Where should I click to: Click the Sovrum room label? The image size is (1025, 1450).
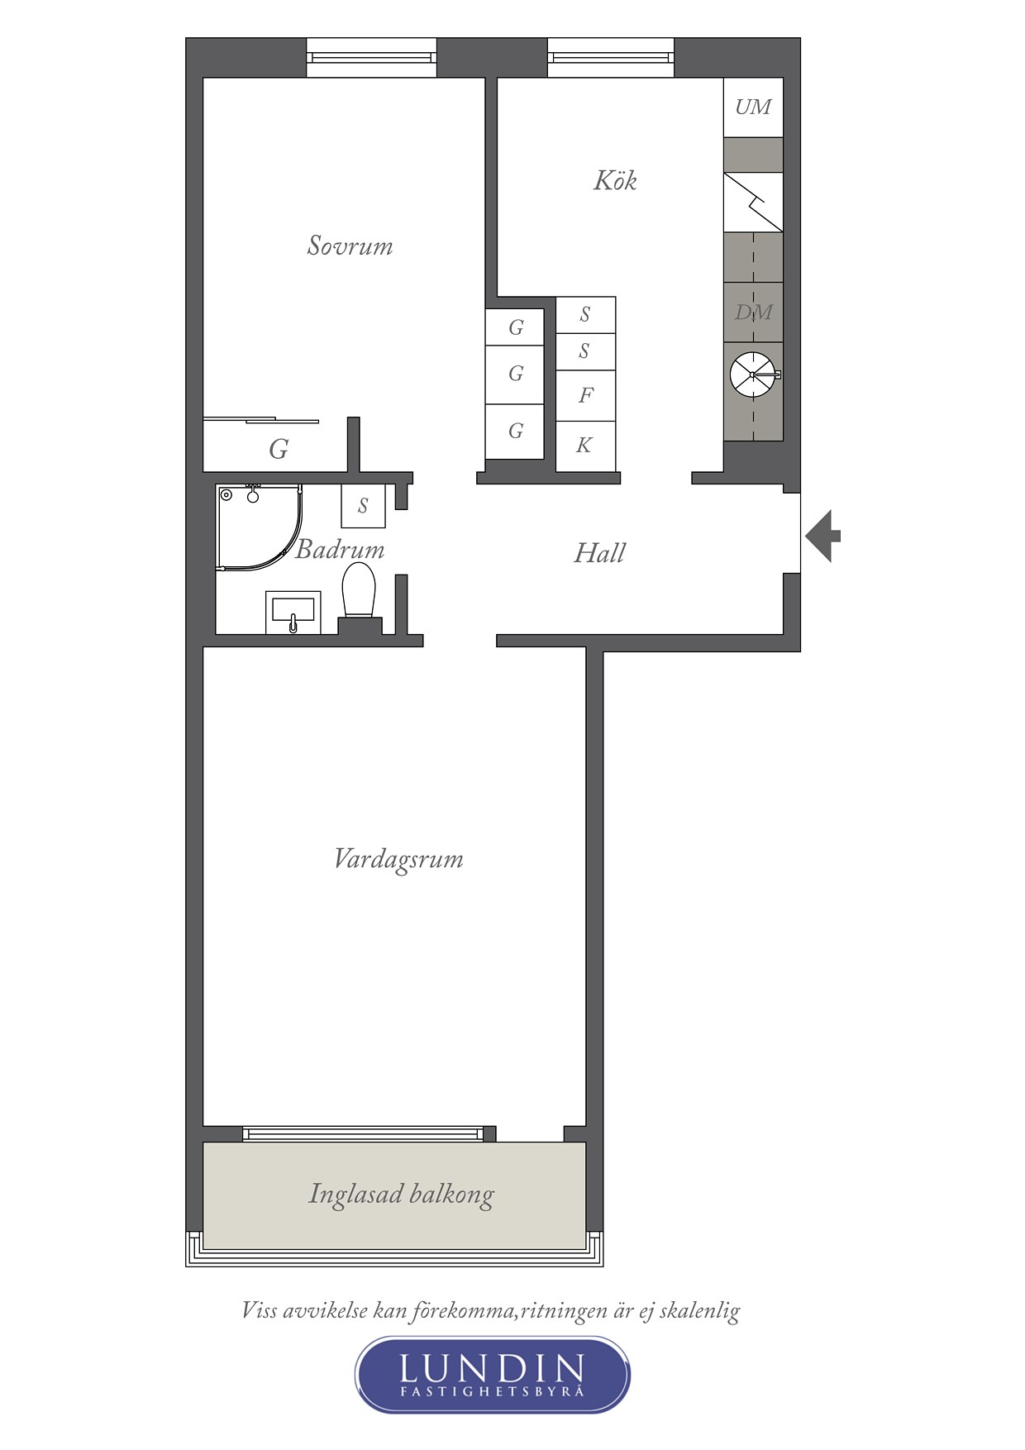point(350,246)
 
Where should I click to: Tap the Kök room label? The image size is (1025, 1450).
point(615,180)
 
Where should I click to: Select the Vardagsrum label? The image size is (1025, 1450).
point(398,860)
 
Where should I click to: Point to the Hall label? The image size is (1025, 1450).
point(599,552)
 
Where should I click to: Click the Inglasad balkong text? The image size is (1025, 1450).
point(401,1195)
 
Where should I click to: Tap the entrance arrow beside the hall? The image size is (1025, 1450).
point(822,536)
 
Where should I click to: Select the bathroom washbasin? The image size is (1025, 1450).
point(293,613)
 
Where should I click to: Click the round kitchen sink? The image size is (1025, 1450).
point(753,374)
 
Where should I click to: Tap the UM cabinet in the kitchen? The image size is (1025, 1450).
point(753,107)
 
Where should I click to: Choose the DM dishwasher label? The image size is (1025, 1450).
point(753,312)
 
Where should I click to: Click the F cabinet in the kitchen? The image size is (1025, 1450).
point(585,395)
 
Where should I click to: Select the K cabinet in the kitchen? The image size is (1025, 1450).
point(585,446)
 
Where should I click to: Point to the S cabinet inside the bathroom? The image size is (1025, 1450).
point(363,506)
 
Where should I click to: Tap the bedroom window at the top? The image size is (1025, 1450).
point(371,58)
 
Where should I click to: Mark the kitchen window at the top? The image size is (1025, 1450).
point(611,58)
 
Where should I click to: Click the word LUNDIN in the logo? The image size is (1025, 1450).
point(493,1369)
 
